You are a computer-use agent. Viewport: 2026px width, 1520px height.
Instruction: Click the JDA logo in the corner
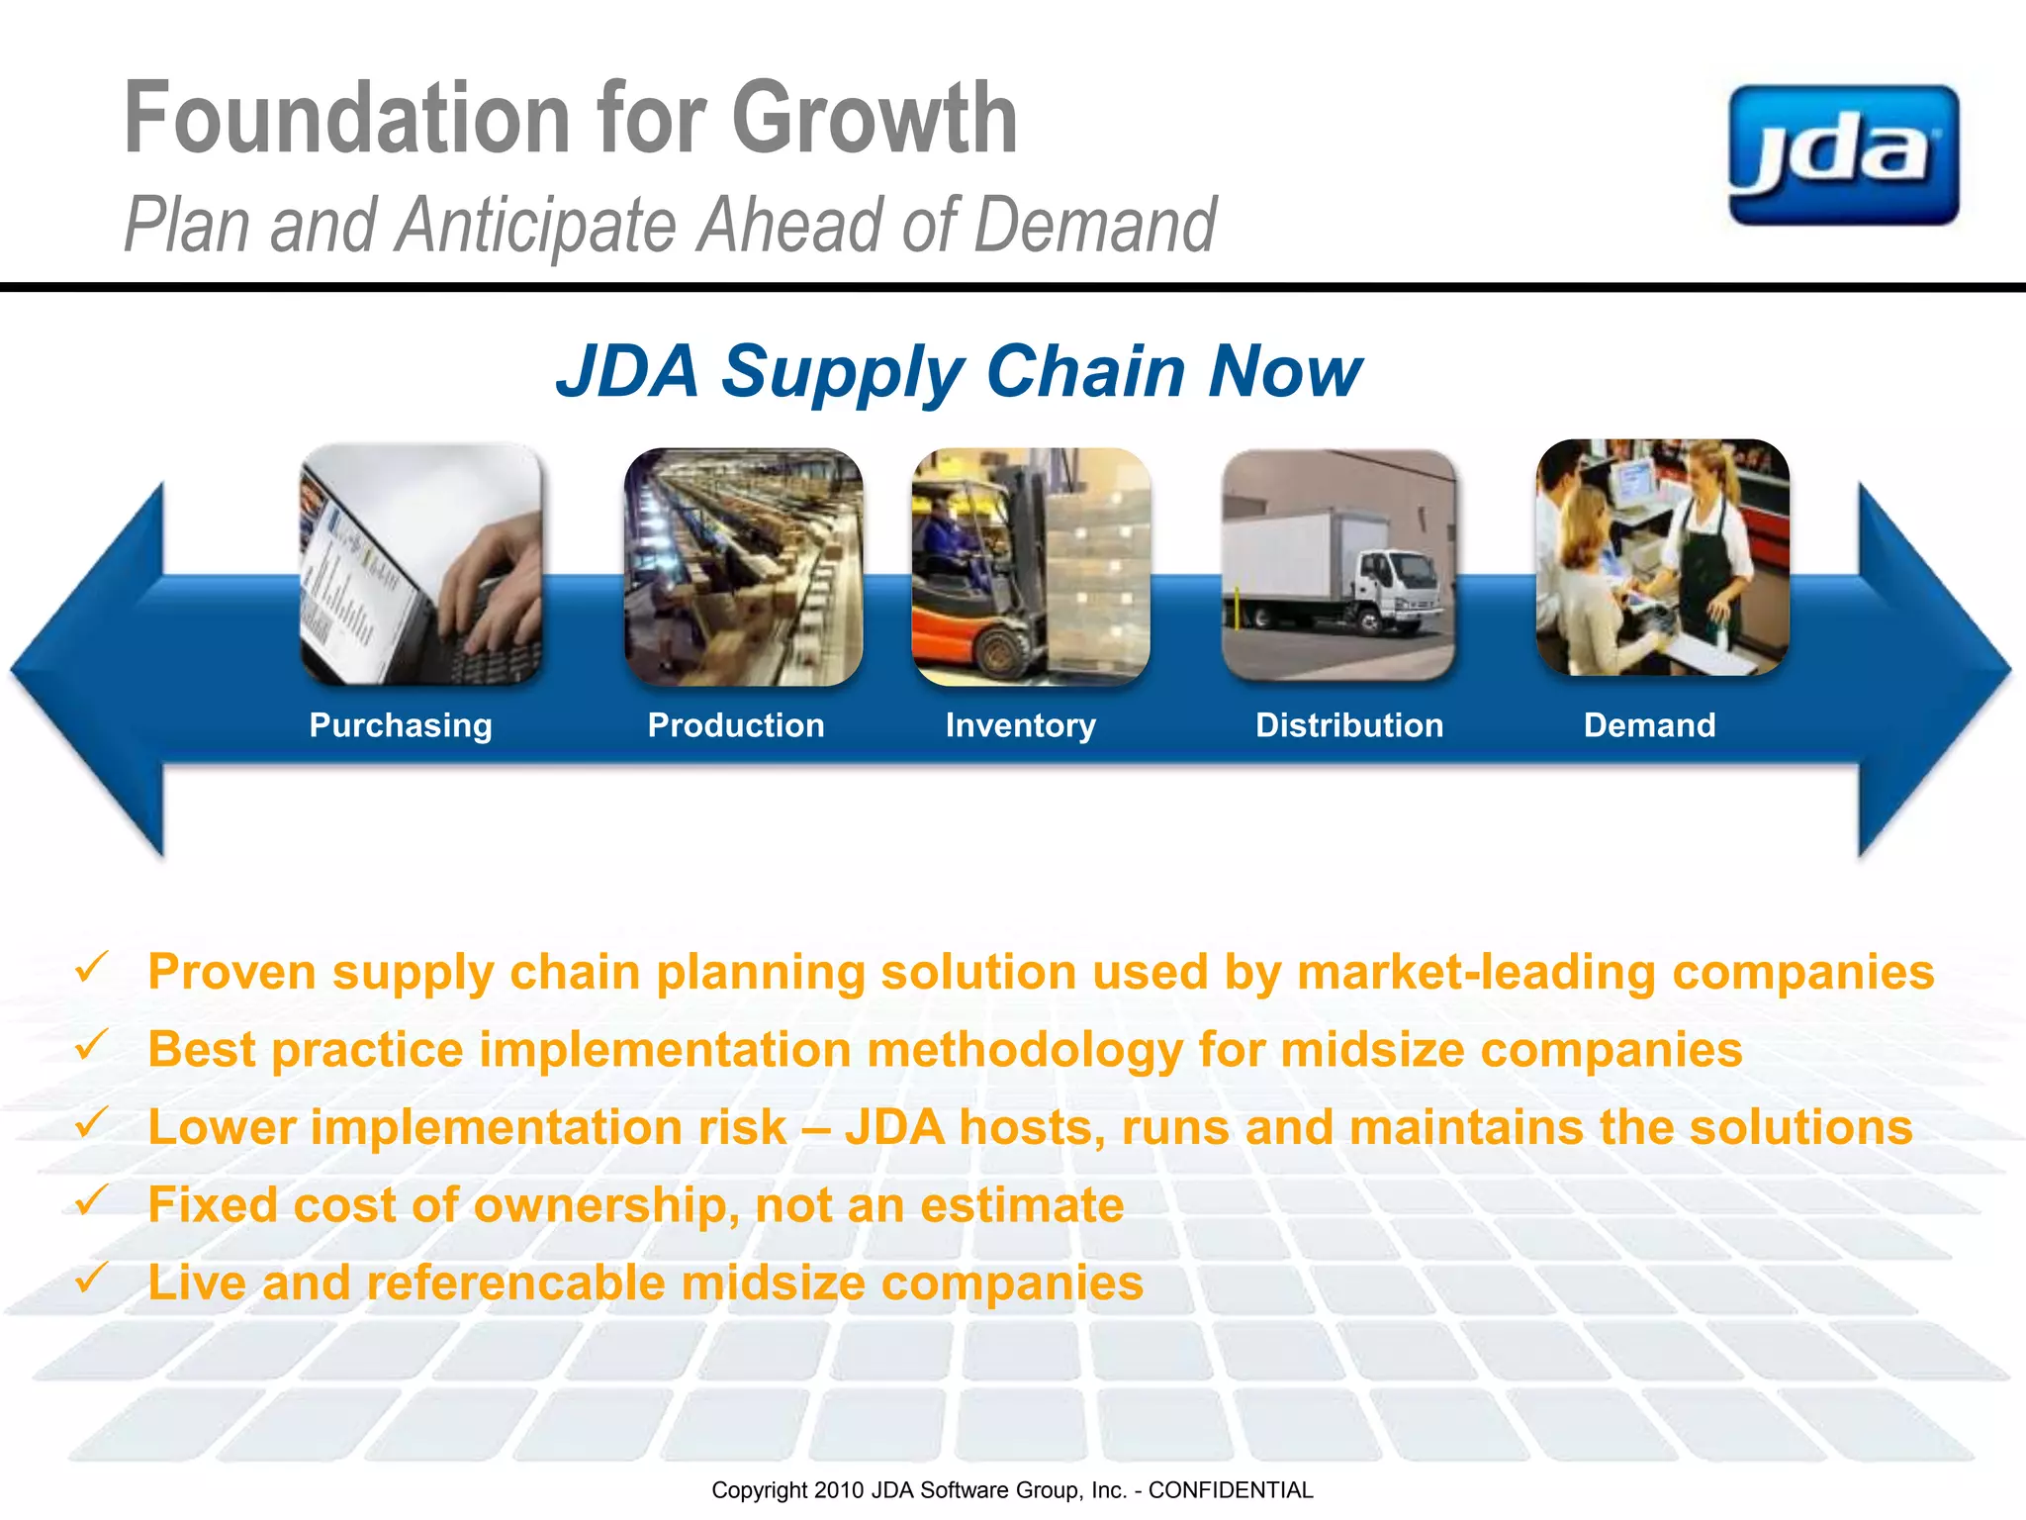1843,155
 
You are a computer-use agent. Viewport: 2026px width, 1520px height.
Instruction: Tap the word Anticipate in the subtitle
535,226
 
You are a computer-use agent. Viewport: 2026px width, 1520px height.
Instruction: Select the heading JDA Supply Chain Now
959,372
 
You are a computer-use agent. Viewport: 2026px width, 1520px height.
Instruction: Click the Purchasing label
401,725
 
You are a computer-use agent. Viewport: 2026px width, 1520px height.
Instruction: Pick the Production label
736,725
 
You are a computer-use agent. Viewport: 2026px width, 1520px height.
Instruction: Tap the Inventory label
1020,725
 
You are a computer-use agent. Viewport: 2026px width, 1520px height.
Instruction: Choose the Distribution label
1349,725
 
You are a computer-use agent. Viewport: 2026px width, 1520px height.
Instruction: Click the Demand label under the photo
1649,725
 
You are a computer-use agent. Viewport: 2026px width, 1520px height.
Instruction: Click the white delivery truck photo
1338,566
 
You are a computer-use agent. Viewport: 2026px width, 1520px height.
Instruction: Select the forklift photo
1031,566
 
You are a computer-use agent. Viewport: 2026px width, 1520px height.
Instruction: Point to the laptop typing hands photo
421,564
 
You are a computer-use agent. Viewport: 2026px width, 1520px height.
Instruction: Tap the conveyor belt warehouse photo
743,566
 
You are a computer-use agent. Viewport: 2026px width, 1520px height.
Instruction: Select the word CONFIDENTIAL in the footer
1230,1490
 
